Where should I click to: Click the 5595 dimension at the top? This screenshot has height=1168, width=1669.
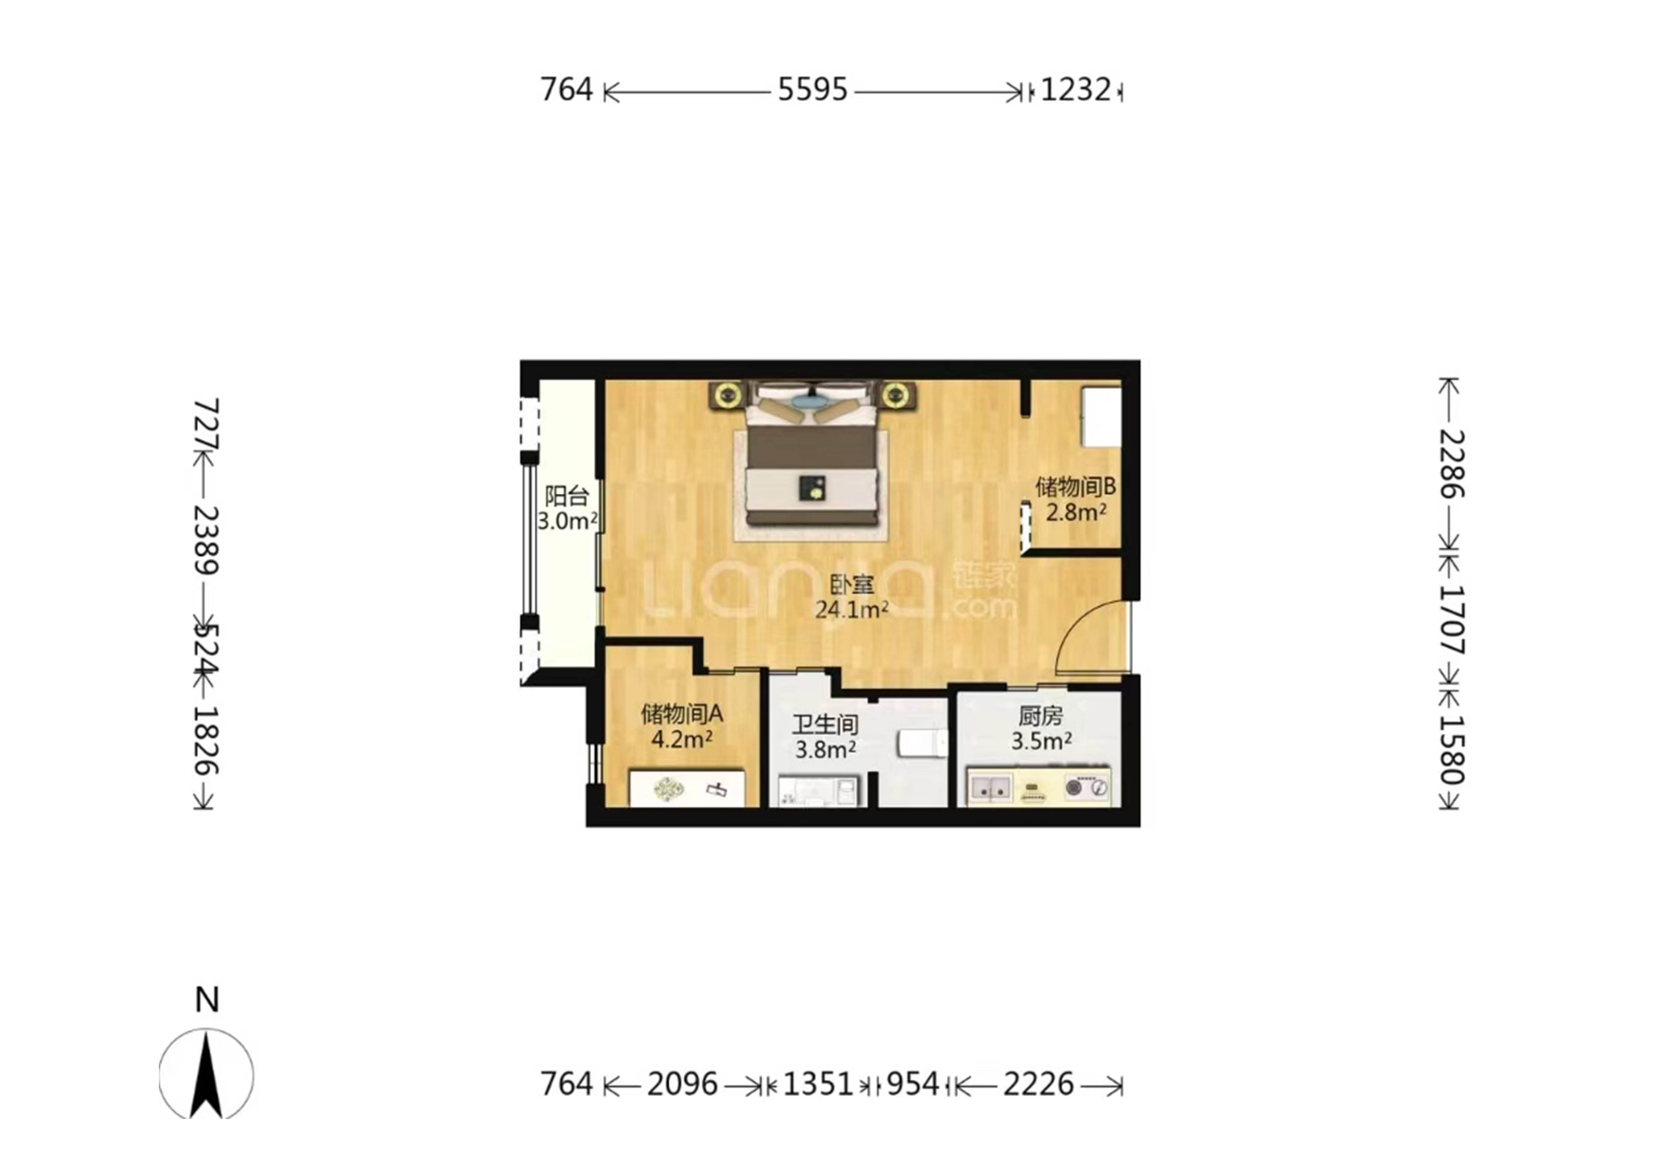pyautogui.click(x=813, y=90)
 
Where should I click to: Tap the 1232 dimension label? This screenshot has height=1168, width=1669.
pyautogui.click(x=1076, y=90)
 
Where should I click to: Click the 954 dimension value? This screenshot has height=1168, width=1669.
pyautogui.click(x=913, y=1085)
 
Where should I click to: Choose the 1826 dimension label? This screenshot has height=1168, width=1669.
pyautogui.click(x=206, y=741)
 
